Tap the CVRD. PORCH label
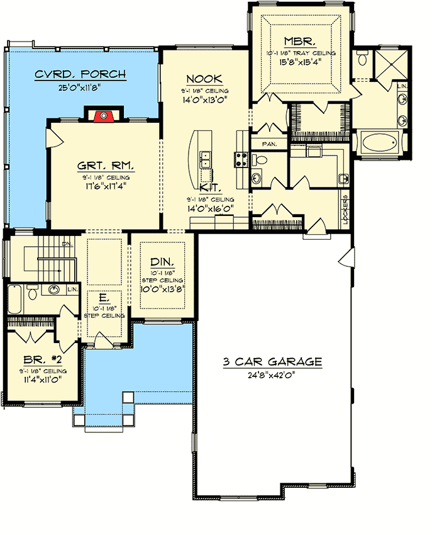pos(80,75)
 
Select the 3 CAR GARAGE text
pos(272,362)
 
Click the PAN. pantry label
pos(269,144)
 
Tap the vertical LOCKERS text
pos(345,209)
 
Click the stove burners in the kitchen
pos(241,160)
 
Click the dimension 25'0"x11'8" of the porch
pos(80,87)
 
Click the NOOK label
pos(204,79)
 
